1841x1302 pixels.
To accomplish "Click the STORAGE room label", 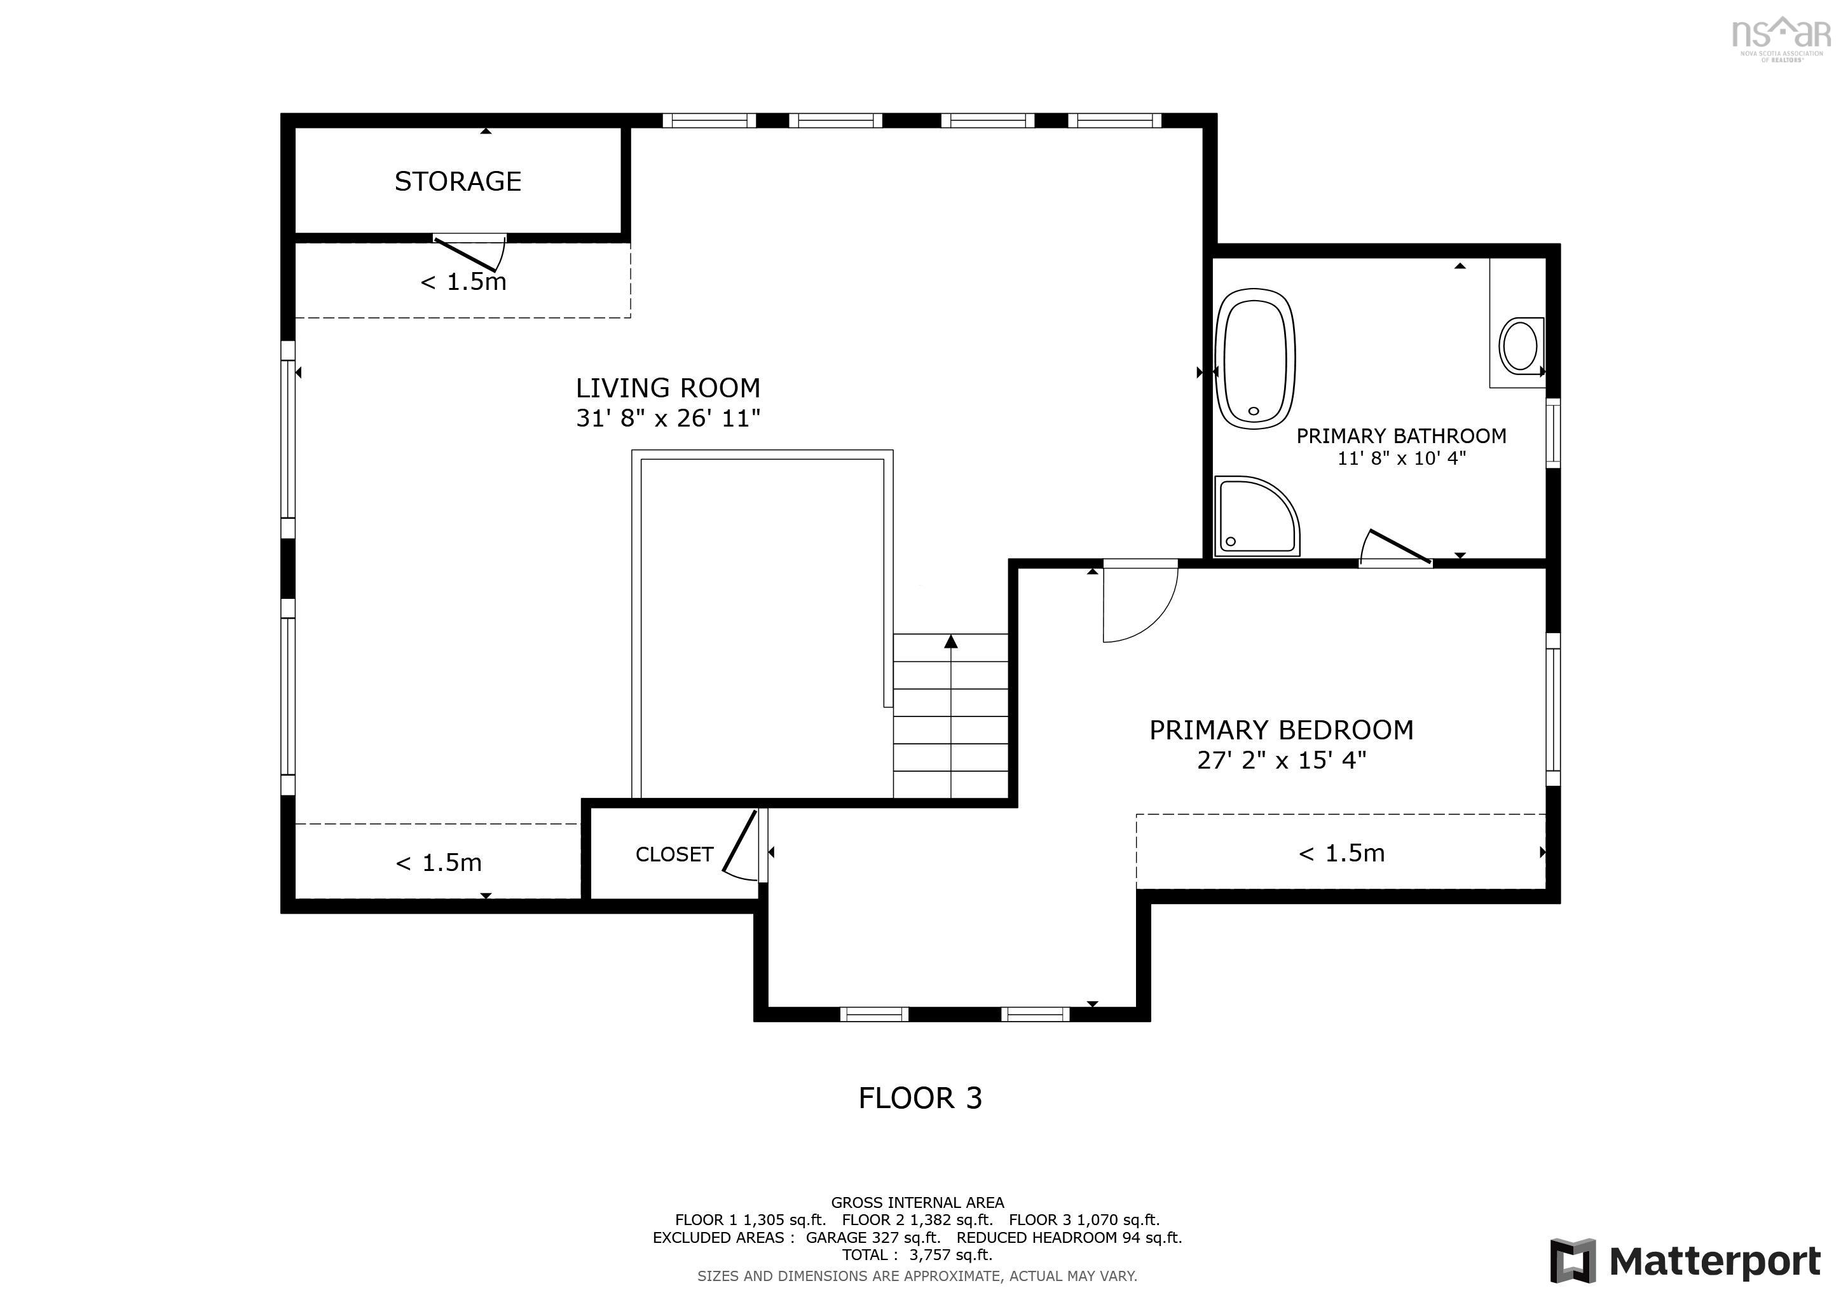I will pyautogui.click(x=458, y=182).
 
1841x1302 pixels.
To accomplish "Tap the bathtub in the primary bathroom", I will pyautogui.click(x=1255, y=359).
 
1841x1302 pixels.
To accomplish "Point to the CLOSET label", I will pyautogui.click(x=674, y=854).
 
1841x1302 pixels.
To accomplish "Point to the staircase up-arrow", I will pyautogui.click(x=951, y=641).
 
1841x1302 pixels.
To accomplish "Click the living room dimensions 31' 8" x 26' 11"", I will pyautogui.click(x=668, y=418).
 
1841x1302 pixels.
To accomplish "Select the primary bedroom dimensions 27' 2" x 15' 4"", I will pyautogui.click(x=1282, y=760).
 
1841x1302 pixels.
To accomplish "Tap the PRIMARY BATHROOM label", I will pyautogui.click(x=1401, y=436).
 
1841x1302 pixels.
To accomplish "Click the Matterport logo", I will pyautogui.click(x=1685, y=1261).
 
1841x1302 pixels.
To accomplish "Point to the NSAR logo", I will pyautogui.click(x=1780, y=36).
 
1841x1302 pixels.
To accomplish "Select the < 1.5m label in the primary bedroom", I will pyautogui.click(x=1341, y=853).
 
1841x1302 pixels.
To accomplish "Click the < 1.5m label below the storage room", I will pyautogui.click(x=463, y=282).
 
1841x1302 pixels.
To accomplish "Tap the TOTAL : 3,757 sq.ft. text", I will pyautogui.click(x=917, y=1255).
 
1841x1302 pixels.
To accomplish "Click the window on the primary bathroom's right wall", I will pyautogui.click(x=1552, y=433).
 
